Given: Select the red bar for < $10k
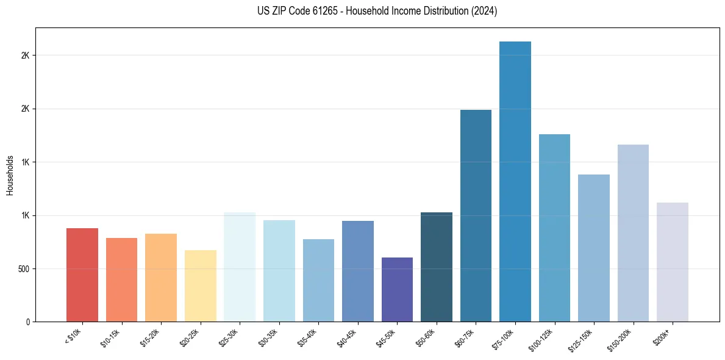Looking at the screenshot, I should (x=82, y=275).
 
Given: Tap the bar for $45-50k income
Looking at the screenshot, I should (x=397, y=289).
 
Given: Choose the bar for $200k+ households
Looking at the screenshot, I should (x=673, y=262).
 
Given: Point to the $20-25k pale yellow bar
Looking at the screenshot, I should (x=201, y=286).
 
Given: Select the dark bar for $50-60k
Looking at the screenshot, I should (x=437, y=267).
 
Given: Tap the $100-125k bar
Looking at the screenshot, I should (x=554, y=228).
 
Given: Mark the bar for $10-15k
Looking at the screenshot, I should (x=121, y=279).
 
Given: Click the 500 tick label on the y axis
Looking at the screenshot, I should (x=25, y=268).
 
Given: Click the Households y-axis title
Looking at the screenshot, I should (x=10, y=175).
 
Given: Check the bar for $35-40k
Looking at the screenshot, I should (x=318, y=280).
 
